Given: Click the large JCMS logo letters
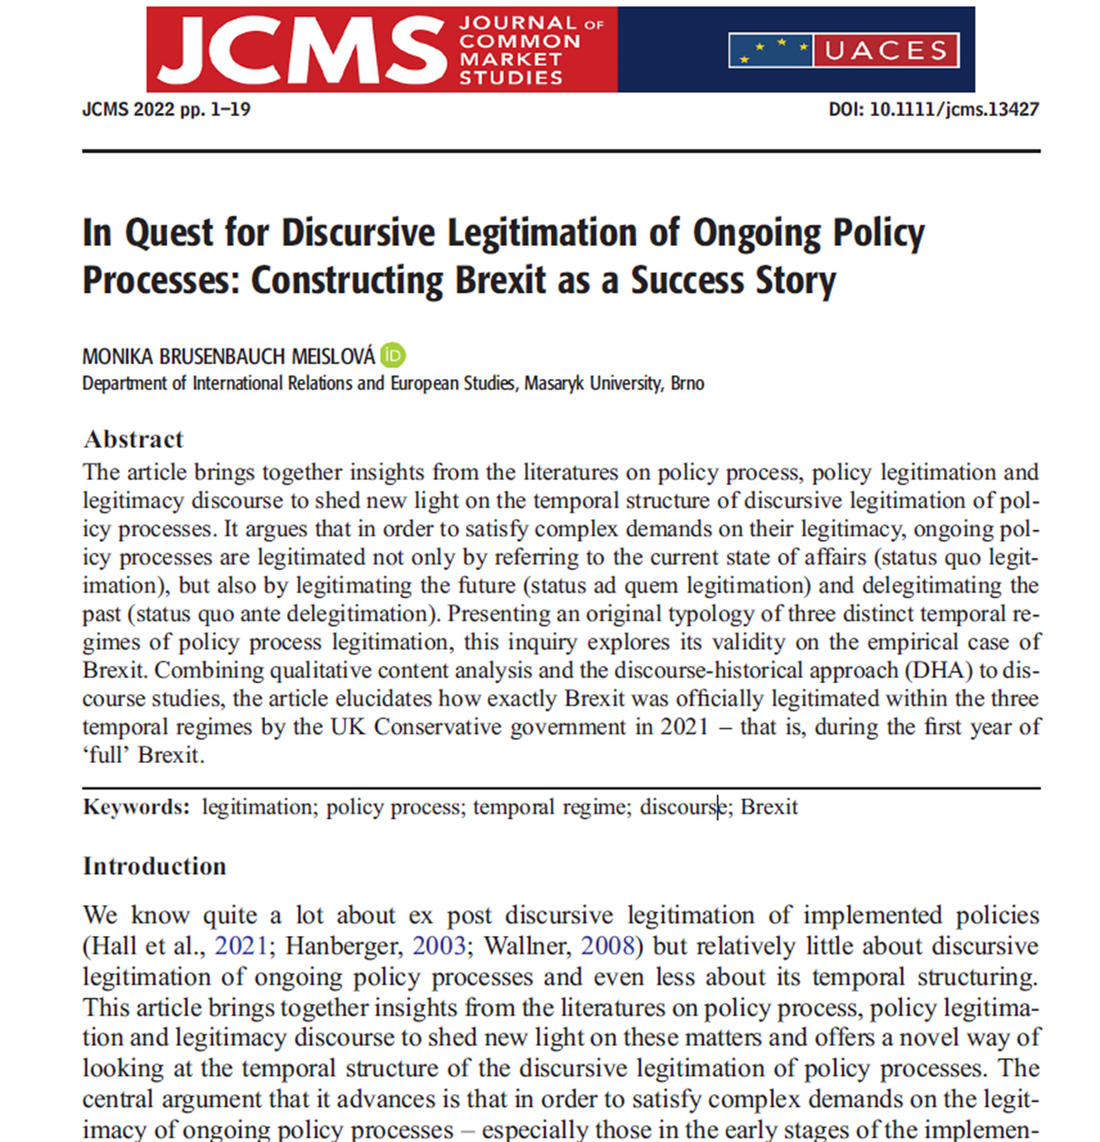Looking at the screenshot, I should coord(301,50).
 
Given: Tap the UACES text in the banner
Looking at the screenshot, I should coord(887,50).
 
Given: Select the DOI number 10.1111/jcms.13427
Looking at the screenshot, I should coord(953,109).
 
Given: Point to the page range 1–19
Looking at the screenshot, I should coord(229,109).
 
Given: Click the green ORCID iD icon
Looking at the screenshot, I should coord(393,356).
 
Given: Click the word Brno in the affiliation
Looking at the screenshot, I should coord(687,384).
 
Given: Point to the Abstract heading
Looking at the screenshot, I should coord(133,439).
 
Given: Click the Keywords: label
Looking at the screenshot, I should coord(136,807).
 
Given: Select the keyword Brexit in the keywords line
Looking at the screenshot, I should coord(769,807).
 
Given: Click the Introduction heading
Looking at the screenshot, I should coord(154,866).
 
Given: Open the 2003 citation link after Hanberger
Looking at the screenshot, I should coord(439,945).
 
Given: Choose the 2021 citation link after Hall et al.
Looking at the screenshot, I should coord(241,945).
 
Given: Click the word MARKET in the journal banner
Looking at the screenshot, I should coord(511,59).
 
